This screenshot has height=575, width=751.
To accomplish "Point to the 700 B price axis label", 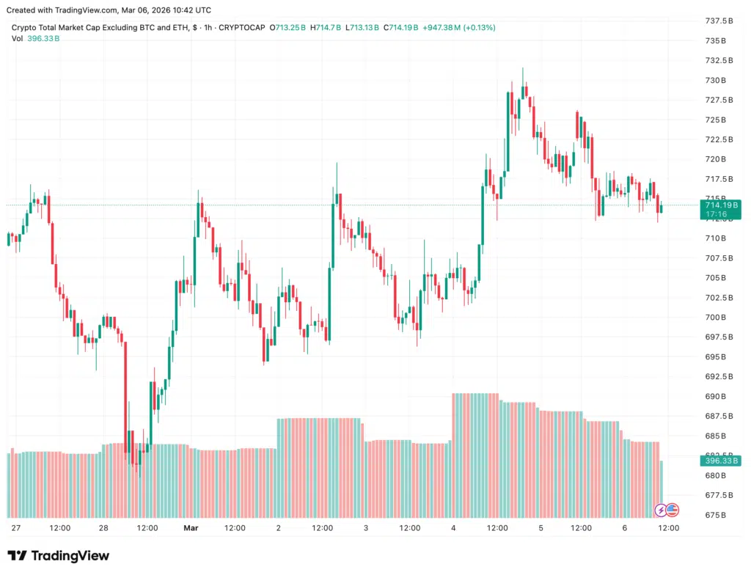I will (715, 318).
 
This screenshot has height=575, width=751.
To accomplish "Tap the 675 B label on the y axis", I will (715, 516).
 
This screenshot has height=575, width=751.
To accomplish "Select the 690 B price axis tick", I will (715, 397).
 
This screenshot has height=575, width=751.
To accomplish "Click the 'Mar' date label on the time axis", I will (191, 528).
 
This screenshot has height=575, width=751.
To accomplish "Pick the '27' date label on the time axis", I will (16, 528).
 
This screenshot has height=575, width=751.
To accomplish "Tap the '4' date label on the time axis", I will (453, 528).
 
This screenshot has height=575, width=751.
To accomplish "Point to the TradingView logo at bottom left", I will (59, 556).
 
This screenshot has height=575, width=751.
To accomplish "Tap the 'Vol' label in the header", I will (17, 38).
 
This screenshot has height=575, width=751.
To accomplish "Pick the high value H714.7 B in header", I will (327, 28).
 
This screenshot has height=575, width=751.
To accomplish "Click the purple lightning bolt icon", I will (660, 510).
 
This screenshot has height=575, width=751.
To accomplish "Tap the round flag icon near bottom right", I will (672, 510).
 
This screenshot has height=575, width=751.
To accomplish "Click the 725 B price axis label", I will (715, 120).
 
